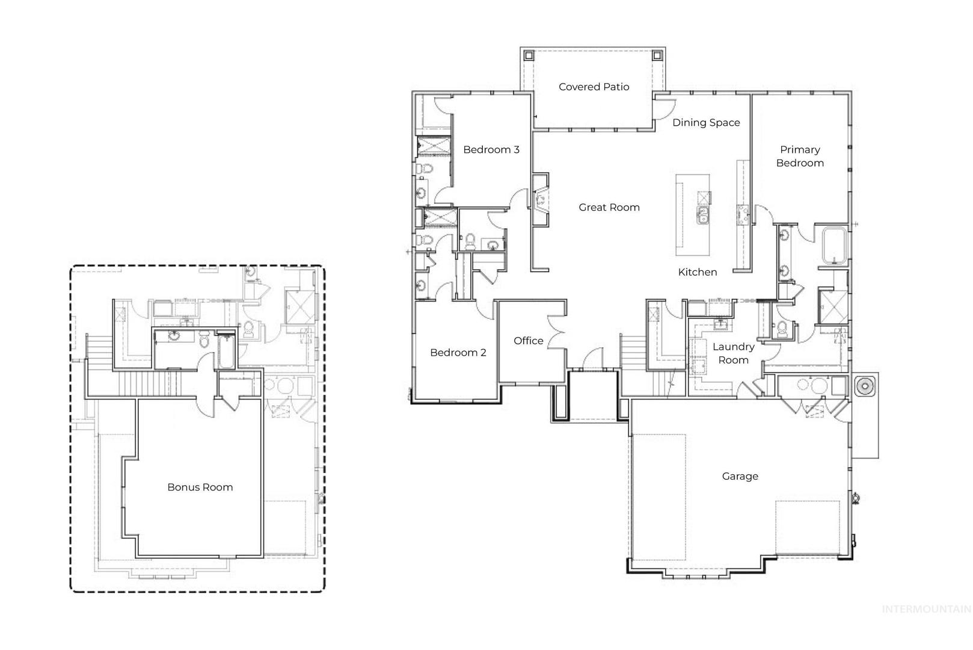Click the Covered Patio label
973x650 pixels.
594,87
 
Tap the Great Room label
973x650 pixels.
609,208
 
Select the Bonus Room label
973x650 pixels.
200,487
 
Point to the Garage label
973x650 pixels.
740,476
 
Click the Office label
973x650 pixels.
528,341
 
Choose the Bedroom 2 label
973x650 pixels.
458,352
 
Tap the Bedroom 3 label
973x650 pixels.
491,150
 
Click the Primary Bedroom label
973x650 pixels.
800,156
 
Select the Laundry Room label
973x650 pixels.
734,353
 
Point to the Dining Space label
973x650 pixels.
706,123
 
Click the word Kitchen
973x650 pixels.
698,272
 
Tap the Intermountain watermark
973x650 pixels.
927,610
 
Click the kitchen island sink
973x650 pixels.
703,215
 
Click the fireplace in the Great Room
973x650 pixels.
541,200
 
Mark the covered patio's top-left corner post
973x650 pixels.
529,55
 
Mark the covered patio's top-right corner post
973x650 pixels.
657,55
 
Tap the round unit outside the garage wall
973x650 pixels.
864,386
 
